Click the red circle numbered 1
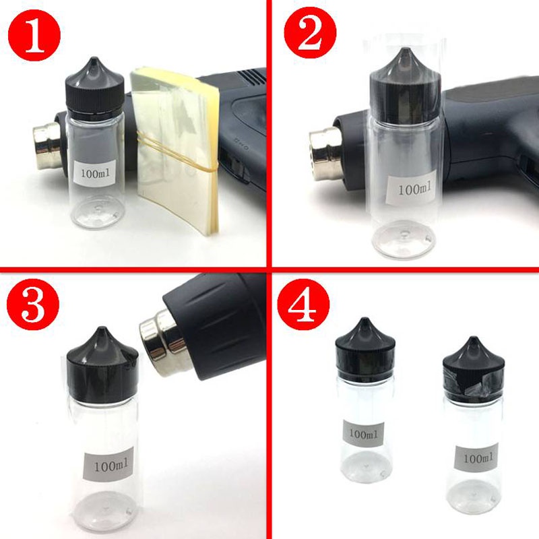[34, 36]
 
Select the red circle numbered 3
[33, 305]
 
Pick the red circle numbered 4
[304, 305]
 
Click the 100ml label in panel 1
[95, 173]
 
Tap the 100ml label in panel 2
[413, 189]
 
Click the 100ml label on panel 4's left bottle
[362, 433]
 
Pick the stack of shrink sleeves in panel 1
[175, 150]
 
